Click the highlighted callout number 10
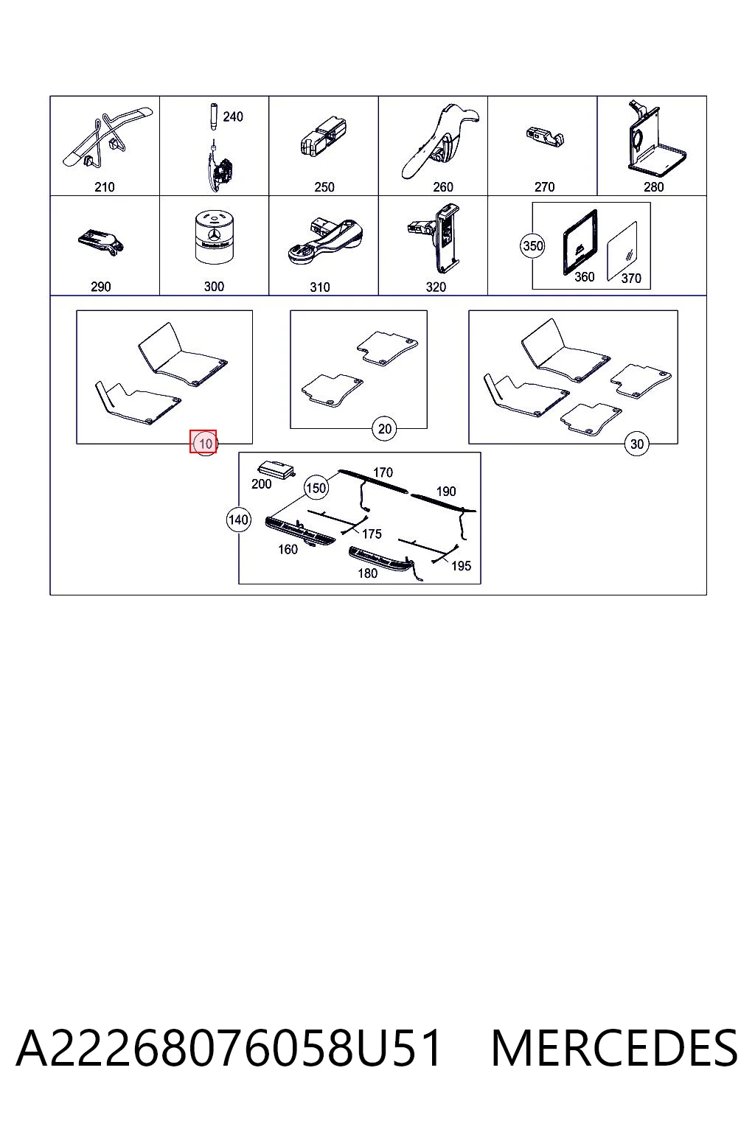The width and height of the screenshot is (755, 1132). point(205,444)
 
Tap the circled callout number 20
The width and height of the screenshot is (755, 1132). point(384,428)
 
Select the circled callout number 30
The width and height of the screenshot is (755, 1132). point(636,444)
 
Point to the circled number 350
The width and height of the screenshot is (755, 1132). point(532,245)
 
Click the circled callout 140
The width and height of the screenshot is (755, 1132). point(239,520)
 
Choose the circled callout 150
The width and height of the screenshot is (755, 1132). point(316,488)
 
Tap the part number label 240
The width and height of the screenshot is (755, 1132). point(233,116)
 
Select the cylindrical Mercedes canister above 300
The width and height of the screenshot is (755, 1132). point(214,237)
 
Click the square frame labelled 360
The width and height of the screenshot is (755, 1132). point(580,242)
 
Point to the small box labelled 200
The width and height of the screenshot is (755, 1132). point(276,469)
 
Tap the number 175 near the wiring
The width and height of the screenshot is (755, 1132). point(372,534)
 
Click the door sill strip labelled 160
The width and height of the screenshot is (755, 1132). point(300,530)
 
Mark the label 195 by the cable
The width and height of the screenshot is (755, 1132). point(462,566)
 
